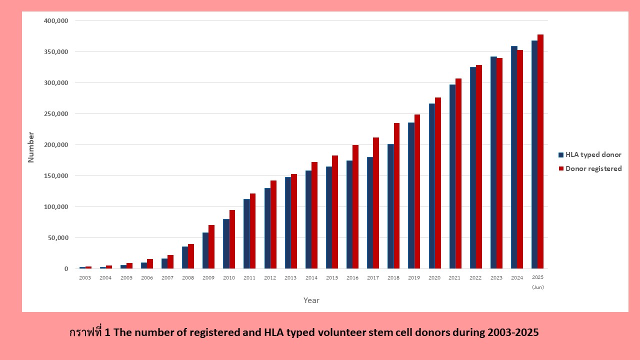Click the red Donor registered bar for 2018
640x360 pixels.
coord(396,195)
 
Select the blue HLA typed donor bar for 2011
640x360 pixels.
coord(246,233)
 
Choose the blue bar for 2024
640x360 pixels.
coord(514,157)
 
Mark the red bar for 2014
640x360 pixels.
coord(314,215)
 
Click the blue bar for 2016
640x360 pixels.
coord(349,214)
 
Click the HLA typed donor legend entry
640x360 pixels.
coord(589,154)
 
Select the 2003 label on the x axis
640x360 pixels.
coord(85,277)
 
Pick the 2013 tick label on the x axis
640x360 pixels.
coord(290,277)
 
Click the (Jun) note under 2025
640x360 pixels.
coord(538,287)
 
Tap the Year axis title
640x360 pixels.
coord(311,300)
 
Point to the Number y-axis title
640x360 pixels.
coord(31,147)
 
